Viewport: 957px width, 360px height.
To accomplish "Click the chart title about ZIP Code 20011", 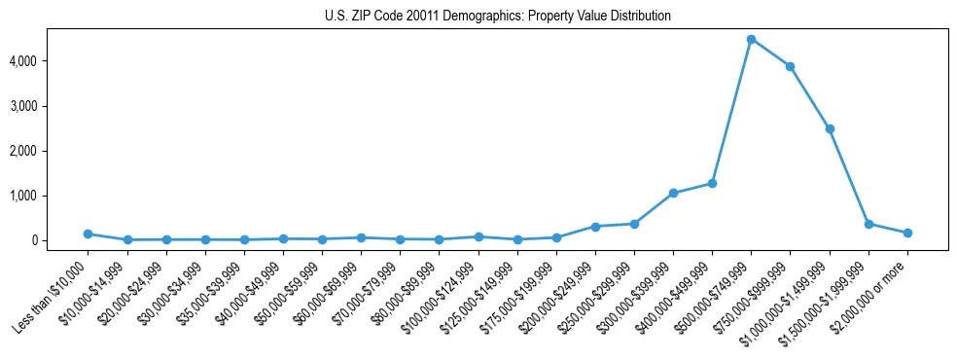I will (497, 17).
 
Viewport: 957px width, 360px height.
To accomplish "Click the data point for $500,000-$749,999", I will (751, 39).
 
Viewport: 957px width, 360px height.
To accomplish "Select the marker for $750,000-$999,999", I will (791, 66).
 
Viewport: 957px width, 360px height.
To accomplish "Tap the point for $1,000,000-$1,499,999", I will (830, 128).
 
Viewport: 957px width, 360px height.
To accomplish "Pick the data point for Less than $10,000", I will (88, 234).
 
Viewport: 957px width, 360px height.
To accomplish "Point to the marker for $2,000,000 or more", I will (907, 233).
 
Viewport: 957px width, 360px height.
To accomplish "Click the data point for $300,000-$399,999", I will (673, 193).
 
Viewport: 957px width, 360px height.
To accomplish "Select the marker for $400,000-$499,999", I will (712, 183).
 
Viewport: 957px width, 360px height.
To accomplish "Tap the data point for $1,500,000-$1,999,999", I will (868, 224).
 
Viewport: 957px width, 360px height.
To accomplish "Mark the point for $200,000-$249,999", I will (595, 227).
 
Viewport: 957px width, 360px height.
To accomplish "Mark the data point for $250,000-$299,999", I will (634, 224).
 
